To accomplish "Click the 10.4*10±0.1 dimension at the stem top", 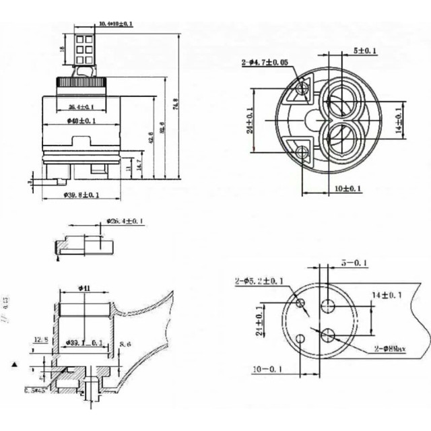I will (116, 24).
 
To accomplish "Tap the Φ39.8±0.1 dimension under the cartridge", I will (81, 195).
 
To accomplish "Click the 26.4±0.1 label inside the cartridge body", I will (81, 107).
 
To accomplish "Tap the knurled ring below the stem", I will (81, 82).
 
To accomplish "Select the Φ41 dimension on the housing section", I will (85, 288).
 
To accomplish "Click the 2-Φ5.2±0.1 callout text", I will (260, 281).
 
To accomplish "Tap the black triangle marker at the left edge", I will (14, 364).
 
